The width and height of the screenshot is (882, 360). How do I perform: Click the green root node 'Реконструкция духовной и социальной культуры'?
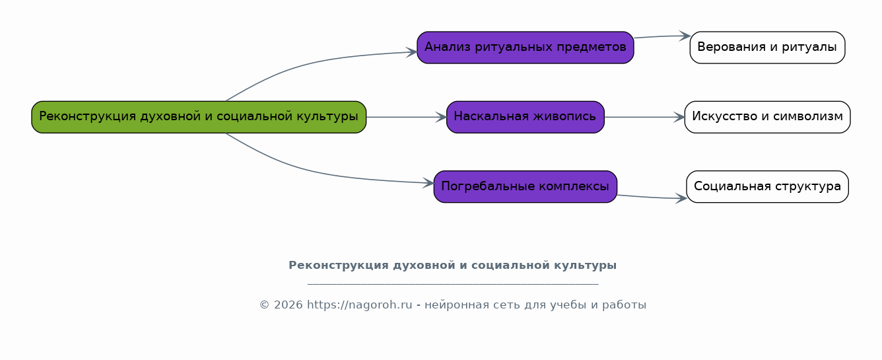coord(199,117)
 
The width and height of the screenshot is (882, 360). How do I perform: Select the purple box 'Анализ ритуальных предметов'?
coord(526,48)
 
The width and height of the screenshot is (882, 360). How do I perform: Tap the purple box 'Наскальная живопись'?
coord(526,117)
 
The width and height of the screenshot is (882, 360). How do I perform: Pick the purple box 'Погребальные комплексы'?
coord(526,187)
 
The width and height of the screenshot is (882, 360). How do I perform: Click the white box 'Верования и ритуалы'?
coord(767,48)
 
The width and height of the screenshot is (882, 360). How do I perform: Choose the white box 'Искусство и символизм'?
coord(767,117)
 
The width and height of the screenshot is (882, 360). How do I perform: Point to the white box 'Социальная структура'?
coord(767,187)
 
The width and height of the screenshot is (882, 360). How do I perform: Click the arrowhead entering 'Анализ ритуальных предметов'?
coord(412,52)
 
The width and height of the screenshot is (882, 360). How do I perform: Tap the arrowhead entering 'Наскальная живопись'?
coord(442,117)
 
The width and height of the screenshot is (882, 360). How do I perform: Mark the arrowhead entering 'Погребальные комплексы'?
coord(428,183)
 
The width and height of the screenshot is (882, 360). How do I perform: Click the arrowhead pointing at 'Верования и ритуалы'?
coord(685,36)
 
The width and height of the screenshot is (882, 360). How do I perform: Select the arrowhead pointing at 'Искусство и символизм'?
coord(679,117)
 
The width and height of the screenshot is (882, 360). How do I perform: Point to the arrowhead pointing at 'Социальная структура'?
coord(681,198)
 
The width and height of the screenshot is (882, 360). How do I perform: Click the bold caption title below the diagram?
coord(452,265)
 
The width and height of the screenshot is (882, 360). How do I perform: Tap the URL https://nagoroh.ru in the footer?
coord(360,305)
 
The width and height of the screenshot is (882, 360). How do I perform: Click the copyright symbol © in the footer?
coord(264,305)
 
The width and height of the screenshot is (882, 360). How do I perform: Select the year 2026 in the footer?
coord(288,305)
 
